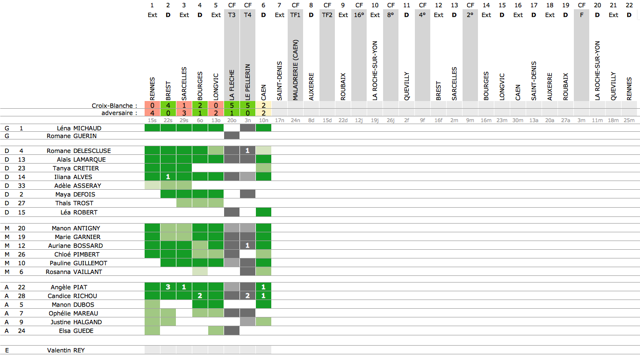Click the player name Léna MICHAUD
[x=79, y=128]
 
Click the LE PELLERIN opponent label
[x=248, y=82]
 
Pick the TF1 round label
[x=295, y=15]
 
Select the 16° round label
[x=359, y=15]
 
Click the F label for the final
[x=582, y=15]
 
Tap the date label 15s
[x=152, y=121]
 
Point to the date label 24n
[x=295, y=121]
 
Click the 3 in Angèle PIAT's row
[x=168, y=287]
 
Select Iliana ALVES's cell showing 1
[x=168, y=177]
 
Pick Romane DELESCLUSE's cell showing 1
[x=248, y=151]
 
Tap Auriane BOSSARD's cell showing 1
[x=248, y=246]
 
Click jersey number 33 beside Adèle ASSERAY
[x=22, y=186]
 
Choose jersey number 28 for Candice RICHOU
[x=22, y=296]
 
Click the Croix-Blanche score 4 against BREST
[x=168, y=105]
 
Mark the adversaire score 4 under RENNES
[x=152, y=113]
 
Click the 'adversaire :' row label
[x=119, y=113]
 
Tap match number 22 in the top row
[x=629, y=5]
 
